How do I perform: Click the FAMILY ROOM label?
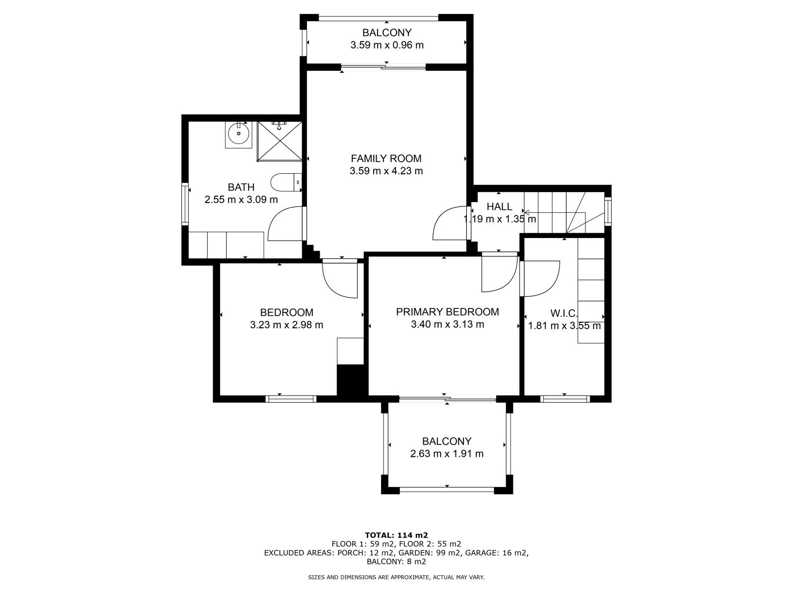386,158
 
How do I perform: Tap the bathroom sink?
238,133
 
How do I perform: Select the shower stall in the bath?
279,141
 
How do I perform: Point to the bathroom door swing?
284,225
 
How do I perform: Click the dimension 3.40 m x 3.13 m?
447,325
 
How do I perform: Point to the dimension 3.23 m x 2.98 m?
286,325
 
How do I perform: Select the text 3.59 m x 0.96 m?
387,45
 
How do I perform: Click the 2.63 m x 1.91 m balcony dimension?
447,453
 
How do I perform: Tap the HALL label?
499,207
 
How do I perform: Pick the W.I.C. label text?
564,313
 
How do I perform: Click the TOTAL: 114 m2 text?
396,535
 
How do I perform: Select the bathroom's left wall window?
185,204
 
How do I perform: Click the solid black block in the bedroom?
350,380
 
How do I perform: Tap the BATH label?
241,187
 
